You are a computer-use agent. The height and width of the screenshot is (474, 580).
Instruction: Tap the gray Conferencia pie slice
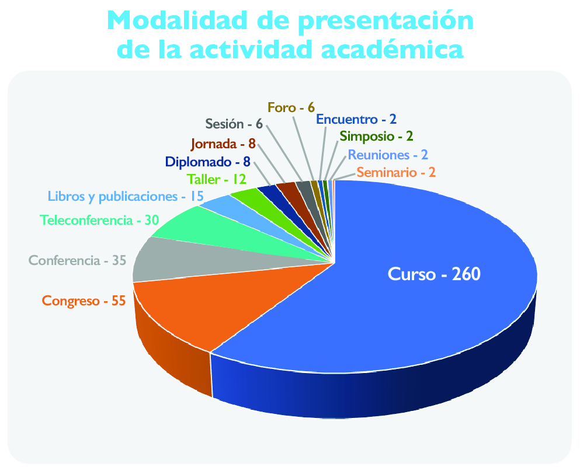pyautogui.click(x=207, y=259)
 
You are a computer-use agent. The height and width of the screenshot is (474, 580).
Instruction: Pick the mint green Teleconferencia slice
pyautogui.click(x=230, y=229)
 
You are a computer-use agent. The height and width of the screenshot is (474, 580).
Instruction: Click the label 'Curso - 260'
pyautogui.click(x=434, y=274)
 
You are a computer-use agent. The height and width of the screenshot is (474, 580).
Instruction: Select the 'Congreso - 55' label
pyautogui.click(x=84, y=301)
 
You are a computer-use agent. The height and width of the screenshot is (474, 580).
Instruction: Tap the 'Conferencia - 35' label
pyautogui.click(x=78, y=261)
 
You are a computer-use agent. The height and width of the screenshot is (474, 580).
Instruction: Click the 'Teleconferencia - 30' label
pyautogui.click(x=99, y=220)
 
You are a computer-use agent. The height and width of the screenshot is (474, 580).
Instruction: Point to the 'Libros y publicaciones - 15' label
pyautogui.click(x=126, y=197)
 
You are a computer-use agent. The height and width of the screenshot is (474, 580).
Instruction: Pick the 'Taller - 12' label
pyautogui.click(x=216, y=180)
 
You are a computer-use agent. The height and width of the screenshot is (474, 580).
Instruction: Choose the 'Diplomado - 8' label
pyautogui.click(x=208, y=162)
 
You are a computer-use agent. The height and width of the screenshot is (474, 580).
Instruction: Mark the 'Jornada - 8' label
pyautogui.click(x=224, y=144)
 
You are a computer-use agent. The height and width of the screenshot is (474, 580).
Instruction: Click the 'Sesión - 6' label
pyautogui.click(x=234, y=124)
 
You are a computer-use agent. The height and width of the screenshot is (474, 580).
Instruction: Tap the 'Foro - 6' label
pyautogui.click(x=291, y=107)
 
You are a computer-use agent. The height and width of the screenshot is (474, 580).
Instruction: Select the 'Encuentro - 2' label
pyautogui.click(x=356, y=120)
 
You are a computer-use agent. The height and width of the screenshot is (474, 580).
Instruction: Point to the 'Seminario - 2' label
pyautogui.click(x=396, y=173)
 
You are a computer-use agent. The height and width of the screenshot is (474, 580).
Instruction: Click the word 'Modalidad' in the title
pyautogui.click(x=178, y=20)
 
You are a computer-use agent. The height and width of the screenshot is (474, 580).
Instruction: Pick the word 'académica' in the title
pyautogui.click(x=392, y=49)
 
